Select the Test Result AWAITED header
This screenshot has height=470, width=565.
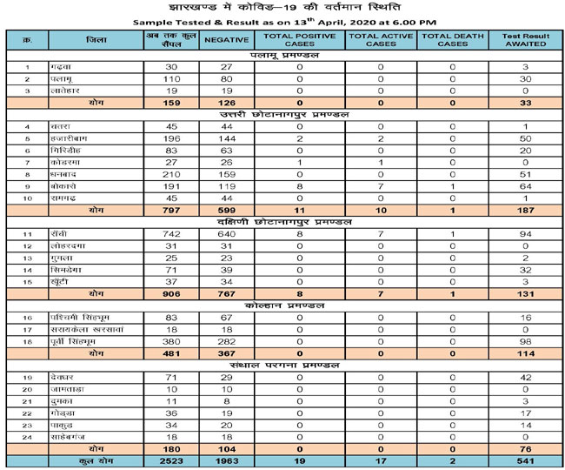[527, 40]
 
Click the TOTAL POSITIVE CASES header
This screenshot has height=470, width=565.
[298, 40]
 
